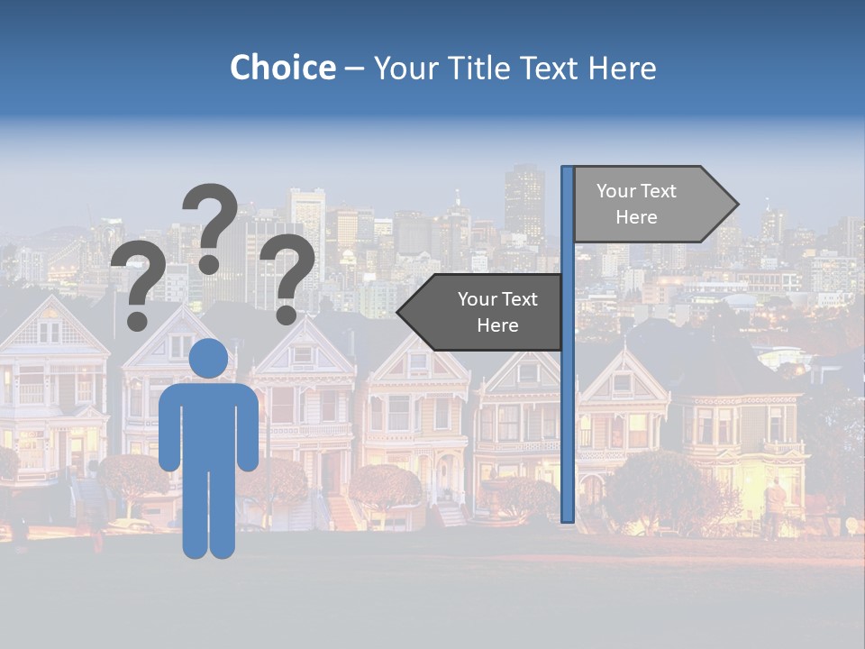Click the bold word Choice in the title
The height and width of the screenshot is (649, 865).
(x=282, y=68)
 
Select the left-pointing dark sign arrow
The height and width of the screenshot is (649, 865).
(x=482, y=313)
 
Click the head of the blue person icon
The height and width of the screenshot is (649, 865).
(x=209, y=358)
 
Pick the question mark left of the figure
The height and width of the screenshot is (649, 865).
(x=138, y=284)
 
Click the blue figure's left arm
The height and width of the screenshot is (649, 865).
(x=168, y=428)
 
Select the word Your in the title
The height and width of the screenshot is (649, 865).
(x=402, y=68)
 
